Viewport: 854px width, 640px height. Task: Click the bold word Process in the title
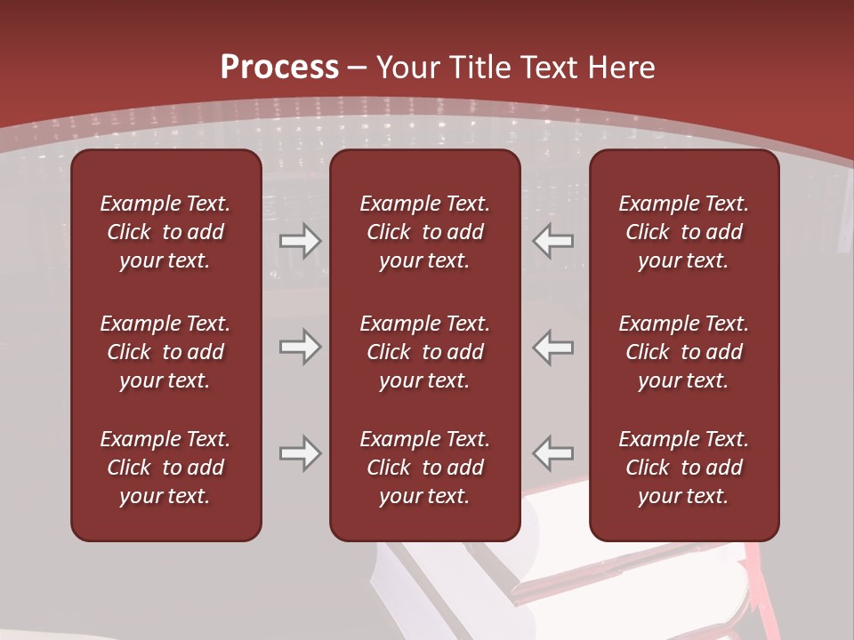point(279,68)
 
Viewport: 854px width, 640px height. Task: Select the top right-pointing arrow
point(300,242)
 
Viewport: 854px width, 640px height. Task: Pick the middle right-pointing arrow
point(300,347)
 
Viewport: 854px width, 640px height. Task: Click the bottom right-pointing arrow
point(300,453)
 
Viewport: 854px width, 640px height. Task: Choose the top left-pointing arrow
point(553,242)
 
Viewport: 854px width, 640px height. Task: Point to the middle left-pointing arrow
point(553,347)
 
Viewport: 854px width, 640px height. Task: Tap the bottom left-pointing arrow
point(553,453)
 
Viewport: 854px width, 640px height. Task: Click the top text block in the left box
point(165,232)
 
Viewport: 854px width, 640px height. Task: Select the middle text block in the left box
point(165,352)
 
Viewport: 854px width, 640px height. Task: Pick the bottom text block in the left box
point(165,468)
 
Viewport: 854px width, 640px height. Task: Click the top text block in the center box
point(424,232)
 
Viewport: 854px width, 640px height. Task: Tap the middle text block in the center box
point(424,352)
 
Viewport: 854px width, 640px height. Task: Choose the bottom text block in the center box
point(424,468)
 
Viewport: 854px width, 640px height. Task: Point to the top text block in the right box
point(683,232)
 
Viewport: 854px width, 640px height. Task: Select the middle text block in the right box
point(683,352)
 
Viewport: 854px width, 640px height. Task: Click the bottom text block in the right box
point(683,468)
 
